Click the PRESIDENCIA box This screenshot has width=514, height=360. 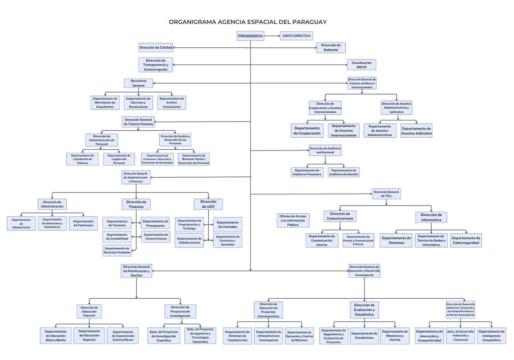250,36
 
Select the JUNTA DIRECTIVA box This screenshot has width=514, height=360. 296,36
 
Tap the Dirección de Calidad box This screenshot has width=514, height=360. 155,48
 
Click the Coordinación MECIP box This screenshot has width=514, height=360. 361,65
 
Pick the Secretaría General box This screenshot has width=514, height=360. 138,83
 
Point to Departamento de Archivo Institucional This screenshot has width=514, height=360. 171,103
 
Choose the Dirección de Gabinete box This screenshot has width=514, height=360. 331,47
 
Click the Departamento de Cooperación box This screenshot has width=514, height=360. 307,131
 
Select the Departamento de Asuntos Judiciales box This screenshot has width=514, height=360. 416,131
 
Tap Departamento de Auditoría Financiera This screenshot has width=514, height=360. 307,172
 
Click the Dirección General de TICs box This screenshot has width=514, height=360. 386,194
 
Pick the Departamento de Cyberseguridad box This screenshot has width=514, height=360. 466,240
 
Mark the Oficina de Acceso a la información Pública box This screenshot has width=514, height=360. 293,220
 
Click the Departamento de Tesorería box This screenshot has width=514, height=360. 117,223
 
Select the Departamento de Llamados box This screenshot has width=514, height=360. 228,224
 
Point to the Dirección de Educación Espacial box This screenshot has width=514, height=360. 89,311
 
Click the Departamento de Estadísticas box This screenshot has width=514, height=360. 365,335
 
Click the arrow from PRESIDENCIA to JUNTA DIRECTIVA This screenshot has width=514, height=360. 272,36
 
